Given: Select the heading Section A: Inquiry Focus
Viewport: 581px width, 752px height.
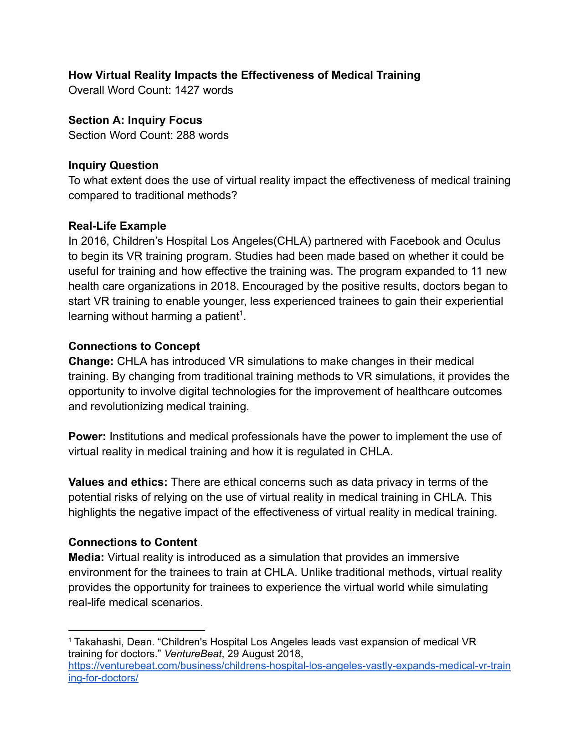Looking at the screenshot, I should (x=135, y=120).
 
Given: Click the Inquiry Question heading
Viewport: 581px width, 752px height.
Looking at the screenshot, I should (x=113, y=165).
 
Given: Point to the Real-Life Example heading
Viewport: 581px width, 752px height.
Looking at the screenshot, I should (x=117, y=226).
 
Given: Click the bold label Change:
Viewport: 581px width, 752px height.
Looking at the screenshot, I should (x=91, y=361).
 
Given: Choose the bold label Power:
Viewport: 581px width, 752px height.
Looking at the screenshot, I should (x=87, y=437).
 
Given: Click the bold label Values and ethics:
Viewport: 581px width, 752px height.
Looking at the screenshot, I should (x=118, y=482).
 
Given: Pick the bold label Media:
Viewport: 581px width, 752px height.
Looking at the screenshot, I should (x=87, y=557).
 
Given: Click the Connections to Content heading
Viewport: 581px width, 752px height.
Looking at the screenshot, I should (x=133, y=542).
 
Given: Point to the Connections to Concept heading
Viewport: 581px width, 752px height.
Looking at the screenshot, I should (x=134, y=346).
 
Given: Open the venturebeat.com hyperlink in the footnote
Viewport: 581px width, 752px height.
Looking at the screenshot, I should (x=289, y=666).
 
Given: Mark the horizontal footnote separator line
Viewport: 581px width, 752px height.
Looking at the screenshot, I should (x=136, y=631).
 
